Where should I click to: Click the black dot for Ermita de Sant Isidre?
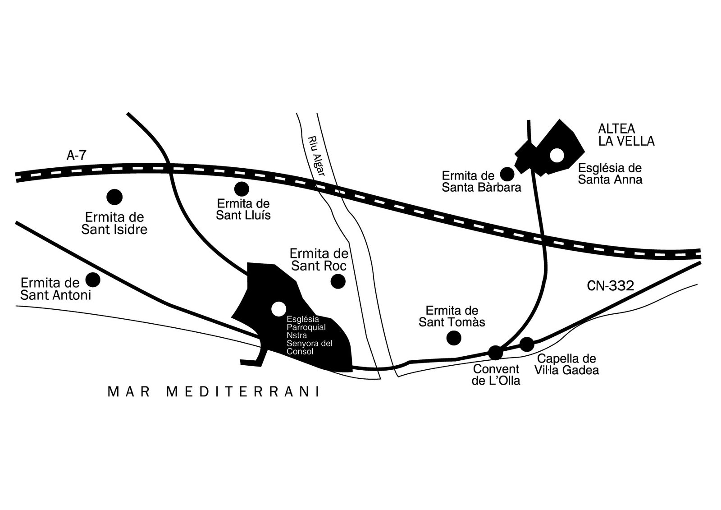click(114, 197)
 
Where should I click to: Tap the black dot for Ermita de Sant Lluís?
click(242, 189)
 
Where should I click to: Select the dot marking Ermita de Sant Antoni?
click(93, 280)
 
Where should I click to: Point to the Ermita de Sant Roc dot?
click(338, 281)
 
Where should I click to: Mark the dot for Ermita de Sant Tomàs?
click(454, 338)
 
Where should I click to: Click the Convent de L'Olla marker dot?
click(495, 353)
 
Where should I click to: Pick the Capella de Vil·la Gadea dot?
click(527, 345)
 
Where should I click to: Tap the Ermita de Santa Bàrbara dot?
click(507, 175)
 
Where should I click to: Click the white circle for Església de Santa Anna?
click(557, 156)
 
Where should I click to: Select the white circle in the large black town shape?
click(279, 309)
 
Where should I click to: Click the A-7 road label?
click(77, 156)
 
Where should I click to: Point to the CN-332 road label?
click(611, 286)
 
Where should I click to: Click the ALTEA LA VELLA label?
click(626, 135)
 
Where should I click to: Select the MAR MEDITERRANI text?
click(214, 392)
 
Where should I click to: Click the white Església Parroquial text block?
click(309, 335)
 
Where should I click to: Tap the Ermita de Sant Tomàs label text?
click(452, 317)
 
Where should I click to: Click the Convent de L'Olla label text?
click(496, 375)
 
